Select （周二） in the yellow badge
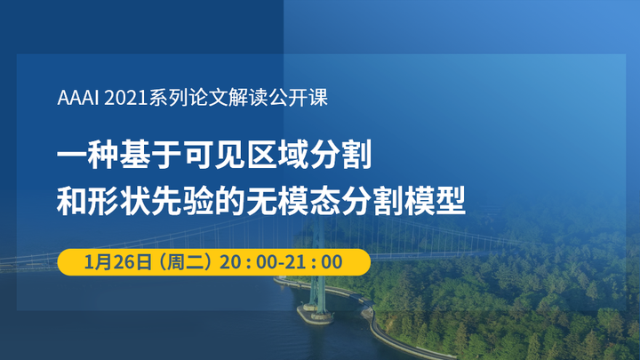(184, 262)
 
